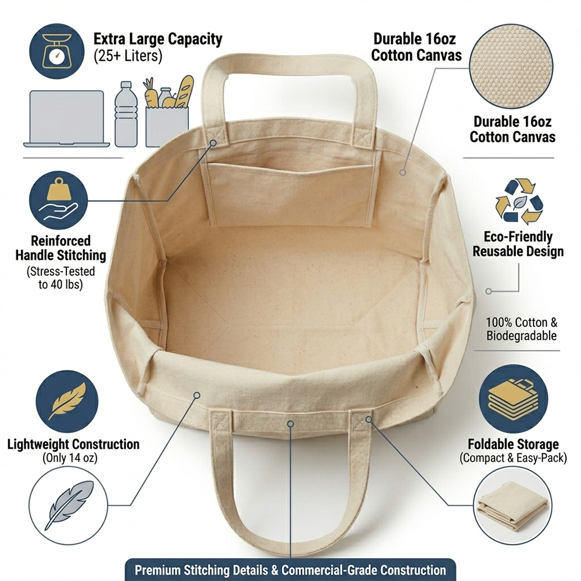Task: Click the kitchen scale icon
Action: coord(57,51)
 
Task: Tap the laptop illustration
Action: coord(67,119)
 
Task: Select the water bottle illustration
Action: coord(126,114)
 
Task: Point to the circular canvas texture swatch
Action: coord(511,66)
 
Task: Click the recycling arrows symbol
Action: coord(519,201)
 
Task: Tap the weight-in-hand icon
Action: coord(59,200)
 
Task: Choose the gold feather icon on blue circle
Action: coord(67,401)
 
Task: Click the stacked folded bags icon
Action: coord(513,399)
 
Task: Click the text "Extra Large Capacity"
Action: coord(158,39)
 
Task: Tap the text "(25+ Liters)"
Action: coord(128,56)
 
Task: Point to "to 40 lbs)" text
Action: coord(60,285)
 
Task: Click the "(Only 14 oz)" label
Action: coord(70,458)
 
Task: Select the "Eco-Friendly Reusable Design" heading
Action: coord(518,244)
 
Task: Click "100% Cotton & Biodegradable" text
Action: coord(522,329)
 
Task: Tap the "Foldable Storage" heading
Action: coord(513,444)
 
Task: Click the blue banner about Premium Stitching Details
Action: coord(290,569)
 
